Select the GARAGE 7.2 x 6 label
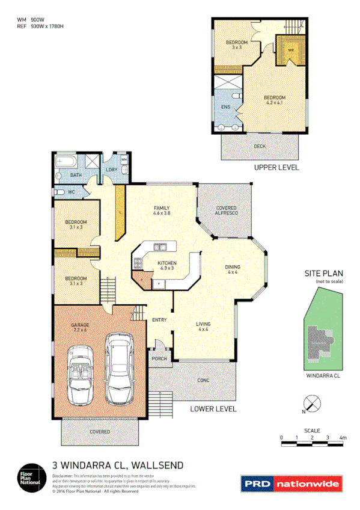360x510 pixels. coord(80,328)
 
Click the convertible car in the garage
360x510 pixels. coord(81,374)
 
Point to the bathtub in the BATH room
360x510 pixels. coord(64,163)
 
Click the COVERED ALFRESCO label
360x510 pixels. coord(226,211)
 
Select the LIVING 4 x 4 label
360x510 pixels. coord(203,327)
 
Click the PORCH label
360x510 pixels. coord(159,358)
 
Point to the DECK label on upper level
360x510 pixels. coord(260,146)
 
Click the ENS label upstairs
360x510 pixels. coord(226,106)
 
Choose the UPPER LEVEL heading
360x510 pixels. coord(276,168)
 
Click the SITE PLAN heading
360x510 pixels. coord(323,273)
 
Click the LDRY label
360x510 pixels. coord(111,170)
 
